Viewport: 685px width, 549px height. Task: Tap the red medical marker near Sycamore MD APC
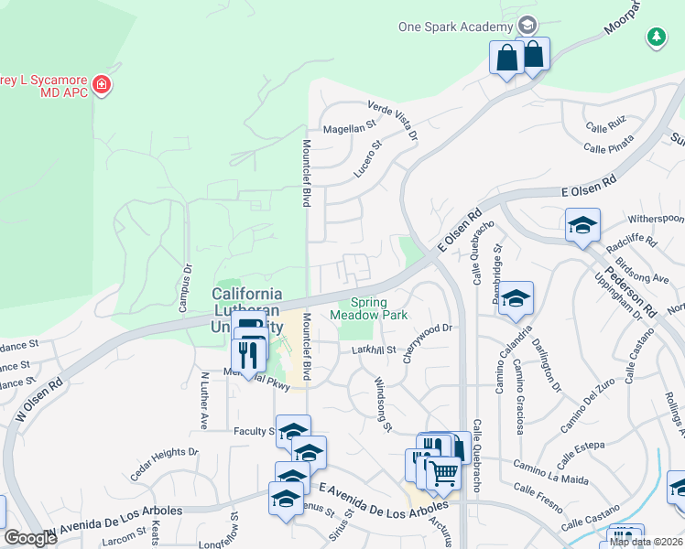(103, 86)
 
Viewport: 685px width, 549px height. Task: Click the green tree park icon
(656, 37)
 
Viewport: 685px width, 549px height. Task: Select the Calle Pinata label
(608, 146)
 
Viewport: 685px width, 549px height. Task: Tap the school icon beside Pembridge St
(516, 297)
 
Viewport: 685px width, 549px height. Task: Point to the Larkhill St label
(373, 350)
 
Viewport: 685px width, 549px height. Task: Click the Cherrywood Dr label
(427, 330)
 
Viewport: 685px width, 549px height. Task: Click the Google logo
(30, 538)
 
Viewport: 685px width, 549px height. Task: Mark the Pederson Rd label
(628, 292)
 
